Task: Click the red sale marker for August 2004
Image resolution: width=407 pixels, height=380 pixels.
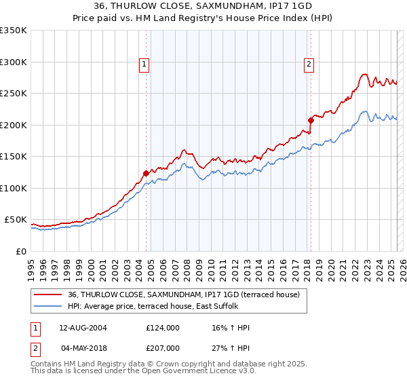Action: coord(146,173)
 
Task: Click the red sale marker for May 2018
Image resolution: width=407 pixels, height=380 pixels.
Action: coord(311,120)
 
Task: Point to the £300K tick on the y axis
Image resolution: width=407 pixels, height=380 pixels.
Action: coord(14,62)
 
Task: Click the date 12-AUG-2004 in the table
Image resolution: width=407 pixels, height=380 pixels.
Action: coord(83,328)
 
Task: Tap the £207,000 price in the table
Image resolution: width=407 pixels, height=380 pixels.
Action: coord(163,347)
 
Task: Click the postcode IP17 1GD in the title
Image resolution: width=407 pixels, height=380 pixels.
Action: coord(298,6)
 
